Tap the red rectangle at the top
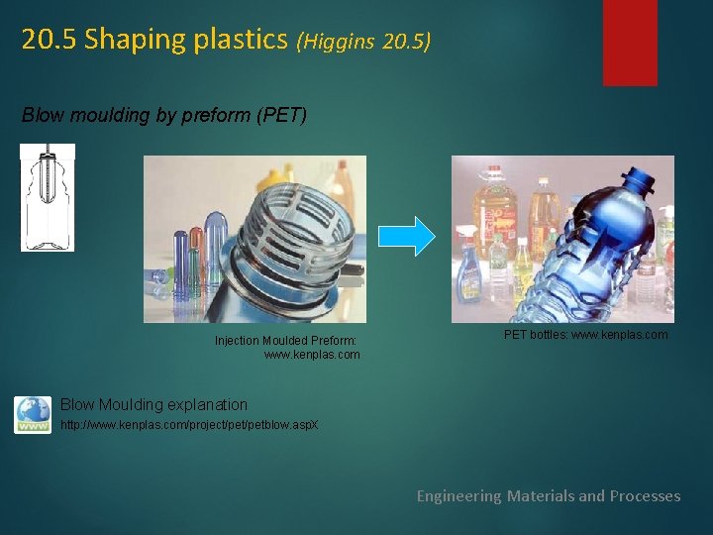click(630, 42)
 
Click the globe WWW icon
click(33, 415)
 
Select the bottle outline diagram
click(47, 197)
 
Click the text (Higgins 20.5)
click(363, 42)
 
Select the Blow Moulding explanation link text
click(153, 404)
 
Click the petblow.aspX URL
click(189, 424)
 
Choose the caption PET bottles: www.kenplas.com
click(585, 335)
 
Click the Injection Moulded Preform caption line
click(279, 341)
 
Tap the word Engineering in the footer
click(458, 495)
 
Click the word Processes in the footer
click(645, 495)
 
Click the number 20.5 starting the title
click(50, 41)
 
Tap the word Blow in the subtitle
click(41, 116)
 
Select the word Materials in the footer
click(541, 495)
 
